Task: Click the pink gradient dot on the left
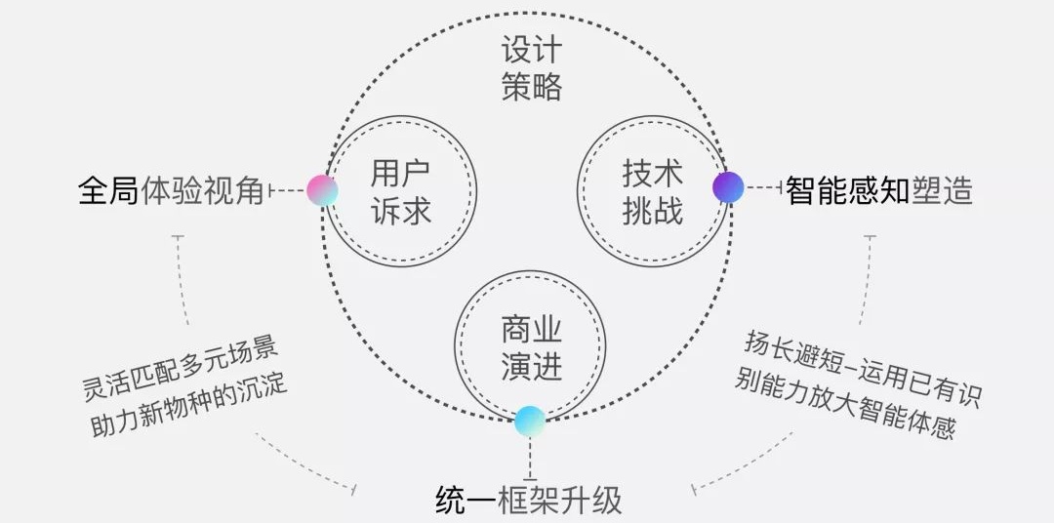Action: [322, 190]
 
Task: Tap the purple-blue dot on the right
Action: [728, 186]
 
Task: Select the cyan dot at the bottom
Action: [530, 421]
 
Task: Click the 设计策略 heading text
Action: [532, 68]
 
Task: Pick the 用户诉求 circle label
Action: [400, 192]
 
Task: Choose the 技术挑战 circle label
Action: [652, 192]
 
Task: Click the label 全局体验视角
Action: [171, 191]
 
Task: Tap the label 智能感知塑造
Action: [879, 190]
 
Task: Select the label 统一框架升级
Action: [528, 501]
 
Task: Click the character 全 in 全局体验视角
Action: [93, 191]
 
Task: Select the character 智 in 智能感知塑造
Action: [801, 190]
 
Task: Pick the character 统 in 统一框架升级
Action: [450, 501]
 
